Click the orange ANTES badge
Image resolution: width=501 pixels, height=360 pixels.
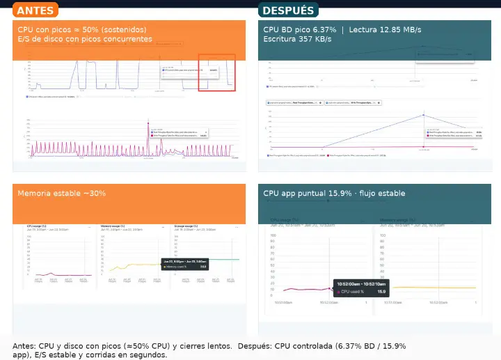tap(35, 10)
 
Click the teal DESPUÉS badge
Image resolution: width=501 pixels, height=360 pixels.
tap(288, 10)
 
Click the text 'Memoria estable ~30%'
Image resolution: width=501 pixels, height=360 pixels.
tap(62, 193)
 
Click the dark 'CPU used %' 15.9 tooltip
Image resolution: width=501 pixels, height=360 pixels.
tap(360, 288)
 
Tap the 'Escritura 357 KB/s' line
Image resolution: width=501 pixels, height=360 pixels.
tap(297, 40)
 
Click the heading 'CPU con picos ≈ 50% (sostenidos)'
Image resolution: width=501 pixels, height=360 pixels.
tap(82, 30)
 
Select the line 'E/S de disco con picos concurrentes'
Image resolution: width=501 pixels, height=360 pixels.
tap(85, 40)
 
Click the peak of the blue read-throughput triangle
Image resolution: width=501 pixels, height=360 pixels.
tap(423, 115)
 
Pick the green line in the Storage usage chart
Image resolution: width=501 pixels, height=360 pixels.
tap(223, 260)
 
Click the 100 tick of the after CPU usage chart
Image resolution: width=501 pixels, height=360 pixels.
tap(274, 235)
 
